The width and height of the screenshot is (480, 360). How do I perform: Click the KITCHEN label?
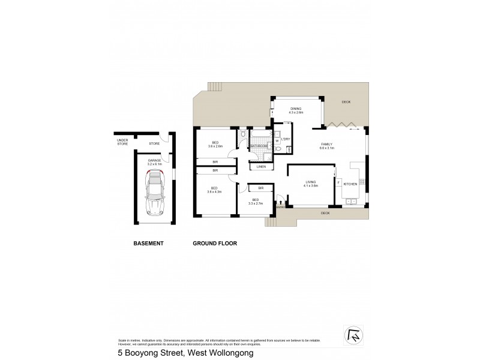[x=350, y=184]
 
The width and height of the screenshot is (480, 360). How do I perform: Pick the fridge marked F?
[x=338, y=182]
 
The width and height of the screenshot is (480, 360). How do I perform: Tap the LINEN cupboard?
[x=261, y=166]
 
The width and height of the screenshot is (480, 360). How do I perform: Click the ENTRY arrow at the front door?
[x=280, y=204]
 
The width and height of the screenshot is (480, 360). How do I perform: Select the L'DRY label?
[x=285, y=139]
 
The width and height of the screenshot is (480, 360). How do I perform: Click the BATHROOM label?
[x=259, y=146]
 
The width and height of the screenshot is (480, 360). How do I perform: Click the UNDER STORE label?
[x=122, y=142]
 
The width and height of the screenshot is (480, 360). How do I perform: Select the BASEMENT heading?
[x=148, y=244]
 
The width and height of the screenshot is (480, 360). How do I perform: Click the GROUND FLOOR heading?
[x=215, y=244]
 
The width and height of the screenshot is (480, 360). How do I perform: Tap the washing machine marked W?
[x=277, y=142]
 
